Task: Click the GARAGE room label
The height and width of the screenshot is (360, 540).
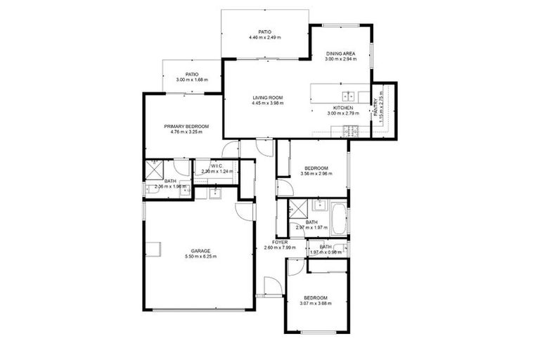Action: (x=200, y=250)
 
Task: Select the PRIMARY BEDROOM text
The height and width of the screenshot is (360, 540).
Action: (x=186, y=126)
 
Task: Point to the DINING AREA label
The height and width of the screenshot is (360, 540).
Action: (x=340, y=53)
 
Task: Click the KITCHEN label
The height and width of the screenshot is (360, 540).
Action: (x=343, y=108)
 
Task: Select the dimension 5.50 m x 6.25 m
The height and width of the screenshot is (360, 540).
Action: (x=200, y=257)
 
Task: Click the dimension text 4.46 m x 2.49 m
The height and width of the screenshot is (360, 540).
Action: (x=264, y=37)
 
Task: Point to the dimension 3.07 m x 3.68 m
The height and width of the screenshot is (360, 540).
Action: (x=315, y=303)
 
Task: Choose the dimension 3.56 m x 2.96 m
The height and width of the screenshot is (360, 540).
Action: (x=315, y=174)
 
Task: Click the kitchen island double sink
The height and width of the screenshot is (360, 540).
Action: (x=348, y=96)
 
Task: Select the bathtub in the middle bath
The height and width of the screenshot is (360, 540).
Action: (x=337, y=218)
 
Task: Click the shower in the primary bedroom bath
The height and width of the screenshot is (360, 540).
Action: (x=154, y=169)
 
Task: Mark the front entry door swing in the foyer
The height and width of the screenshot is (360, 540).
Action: (x=272, y=285)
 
